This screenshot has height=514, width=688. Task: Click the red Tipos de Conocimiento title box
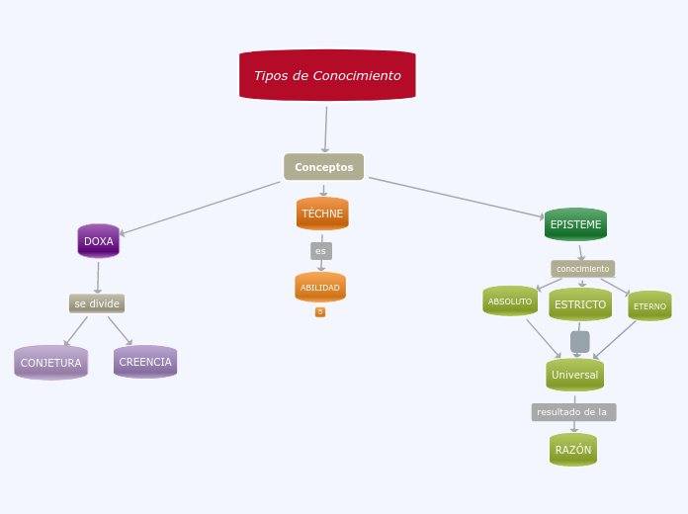click(x=327, y=75)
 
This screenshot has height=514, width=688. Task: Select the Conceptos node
click(x=323, y=167)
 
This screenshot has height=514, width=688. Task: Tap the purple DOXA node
click(x=99, y=241)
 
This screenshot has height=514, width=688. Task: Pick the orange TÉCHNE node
click(x=322, y=214)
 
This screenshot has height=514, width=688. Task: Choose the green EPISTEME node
click(x=575, y=224)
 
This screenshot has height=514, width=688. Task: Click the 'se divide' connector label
click(x=97, y=303)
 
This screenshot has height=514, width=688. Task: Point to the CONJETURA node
click(x=51, y=363)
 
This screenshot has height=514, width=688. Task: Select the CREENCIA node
click(x=145, y=362)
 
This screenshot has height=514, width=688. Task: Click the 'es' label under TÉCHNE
click(x=320, y=251)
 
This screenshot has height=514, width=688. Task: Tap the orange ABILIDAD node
click(x=320, y=288)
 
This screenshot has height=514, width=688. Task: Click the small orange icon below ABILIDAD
click(x=320, y=312)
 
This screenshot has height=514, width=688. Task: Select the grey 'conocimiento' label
click(x=582, y=269)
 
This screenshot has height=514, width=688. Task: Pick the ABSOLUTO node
click(x=510, y=301)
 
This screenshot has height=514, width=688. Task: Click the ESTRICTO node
click(x=580, y=304)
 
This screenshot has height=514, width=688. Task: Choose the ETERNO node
click(x=649, y=306)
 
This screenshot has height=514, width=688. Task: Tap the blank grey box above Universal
click(x=580, y=341)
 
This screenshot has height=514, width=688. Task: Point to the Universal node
click(x=574, y=375)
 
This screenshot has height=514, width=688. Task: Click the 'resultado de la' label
click(x=573, y=412)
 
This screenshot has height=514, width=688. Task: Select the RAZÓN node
click(x=573, y=450)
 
